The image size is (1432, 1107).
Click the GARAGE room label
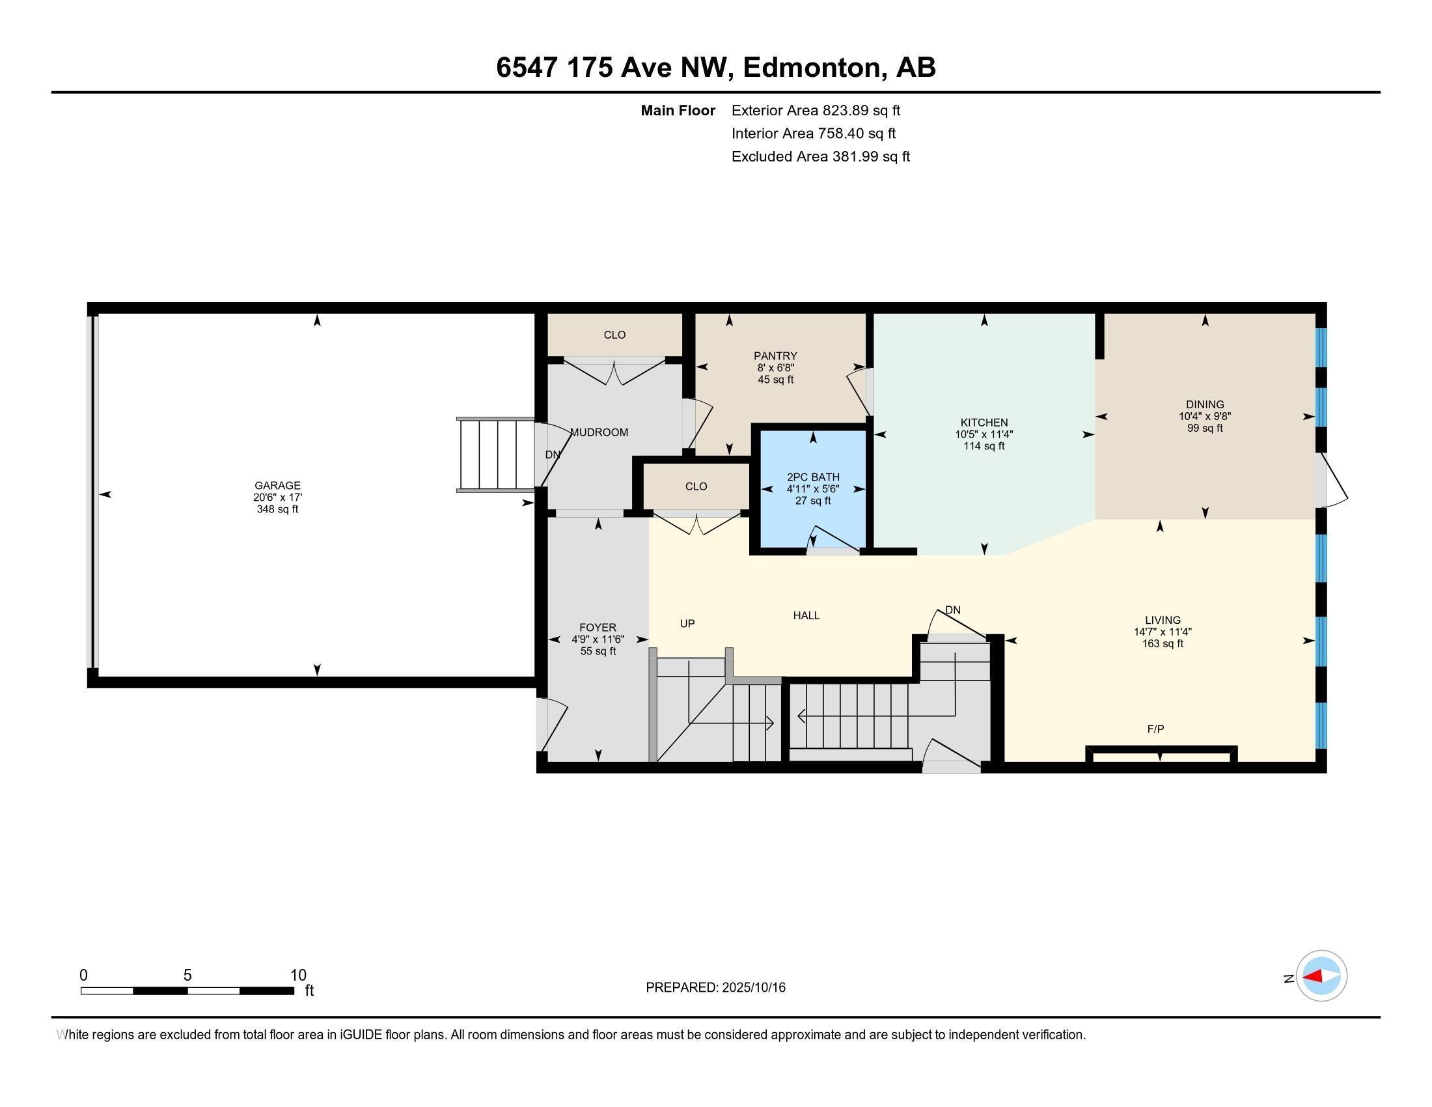277,485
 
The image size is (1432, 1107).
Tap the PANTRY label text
775,356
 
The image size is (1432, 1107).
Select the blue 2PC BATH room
813,512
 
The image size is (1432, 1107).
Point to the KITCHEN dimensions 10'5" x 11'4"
984,434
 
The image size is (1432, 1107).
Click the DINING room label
1204,404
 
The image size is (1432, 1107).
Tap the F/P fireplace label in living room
1155,729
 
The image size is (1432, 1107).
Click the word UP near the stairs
687,623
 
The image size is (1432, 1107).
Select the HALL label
806,615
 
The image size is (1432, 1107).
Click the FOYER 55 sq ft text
598,651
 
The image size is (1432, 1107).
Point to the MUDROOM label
599,432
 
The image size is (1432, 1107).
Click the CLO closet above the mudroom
614,335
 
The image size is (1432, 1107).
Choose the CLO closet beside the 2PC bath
696,486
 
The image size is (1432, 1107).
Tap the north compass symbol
1321,977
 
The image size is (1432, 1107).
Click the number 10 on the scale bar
298,975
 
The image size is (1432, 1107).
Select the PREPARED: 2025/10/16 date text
715,988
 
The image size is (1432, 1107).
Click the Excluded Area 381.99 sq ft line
820,156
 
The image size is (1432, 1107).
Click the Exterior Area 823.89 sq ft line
816,110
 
